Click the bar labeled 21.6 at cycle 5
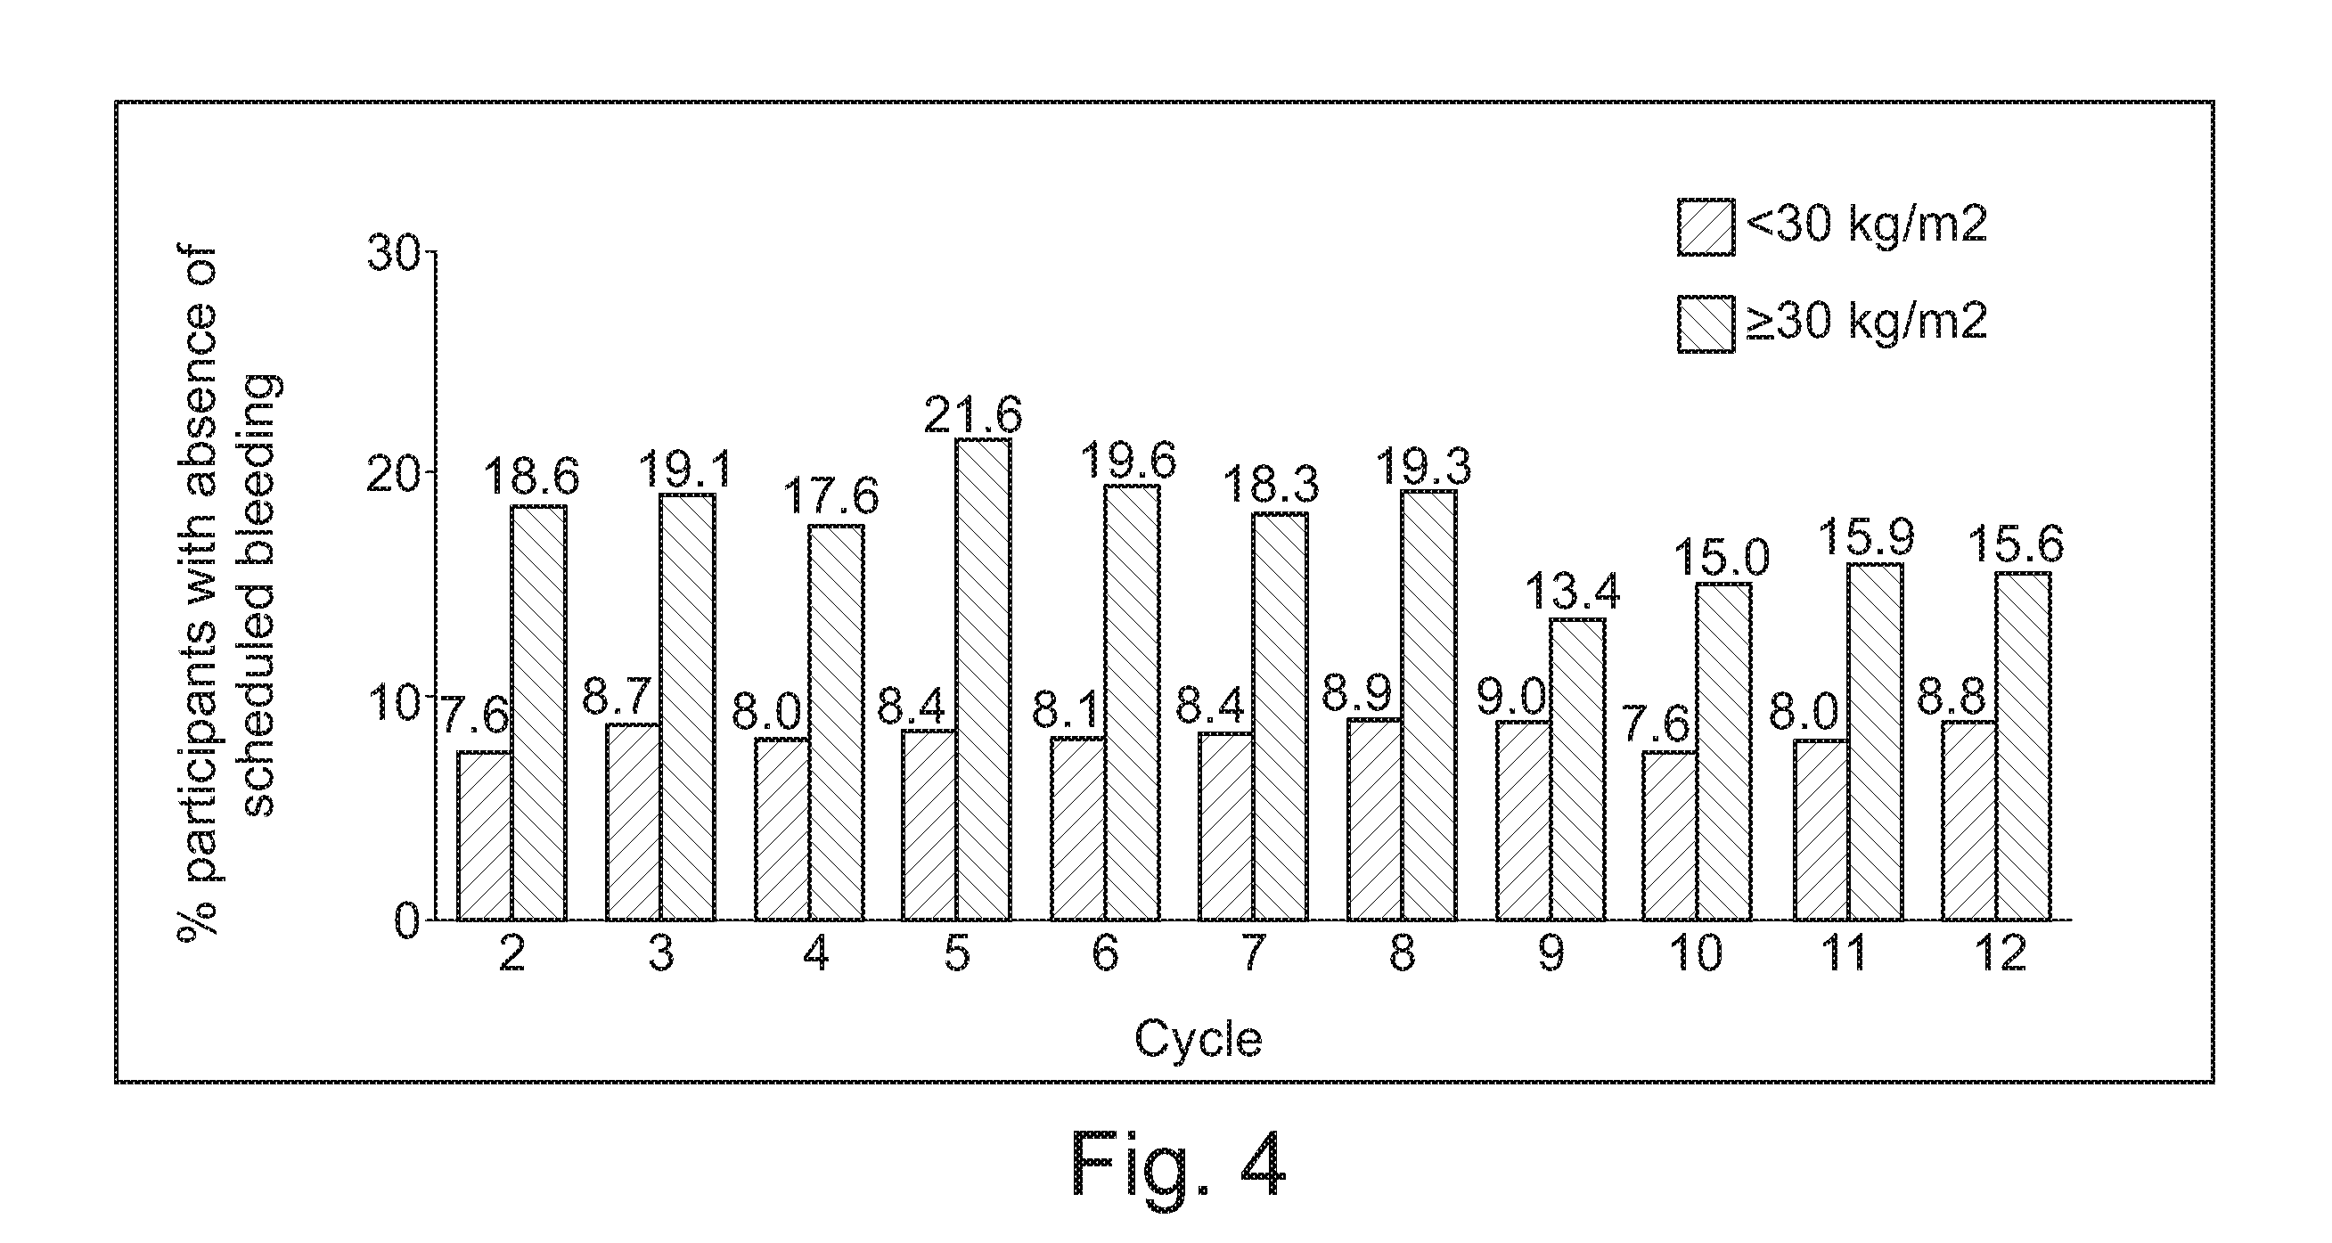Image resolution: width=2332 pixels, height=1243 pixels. [x=984, y=679]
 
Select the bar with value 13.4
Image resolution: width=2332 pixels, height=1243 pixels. [x=1578, y=770]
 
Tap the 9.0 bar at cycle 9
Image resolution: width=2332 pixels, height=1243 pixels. [x=1524, y=821]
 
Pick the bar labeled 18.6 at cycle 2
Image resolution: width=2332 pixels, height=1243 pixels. [x=538, y=713]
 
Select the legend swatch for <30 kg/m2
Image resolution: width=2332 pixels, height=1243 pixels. [x=1706, y=227]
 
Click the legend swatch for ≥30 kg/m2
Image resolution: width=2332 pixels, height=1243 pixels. [x=1706, y=323]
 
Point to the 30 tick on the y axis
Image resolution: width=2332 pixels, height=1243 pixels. [x=396, y=251]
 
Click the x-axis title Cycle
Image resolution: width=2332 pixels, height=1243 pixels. [x=1199, y=1039]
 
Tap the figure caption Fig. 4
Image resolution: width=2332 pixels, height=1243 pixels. [x=1179, y=1165]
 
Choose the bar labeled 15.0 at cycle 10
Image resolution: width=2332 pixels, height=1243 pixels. [x=1723, y=752]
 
